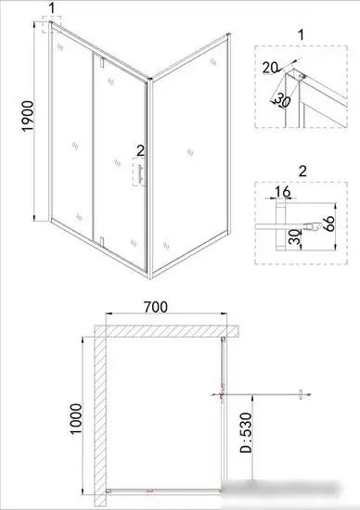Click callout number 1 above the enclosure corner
coord(51,8)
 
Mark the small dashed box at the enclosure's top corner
coord(48,28)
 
